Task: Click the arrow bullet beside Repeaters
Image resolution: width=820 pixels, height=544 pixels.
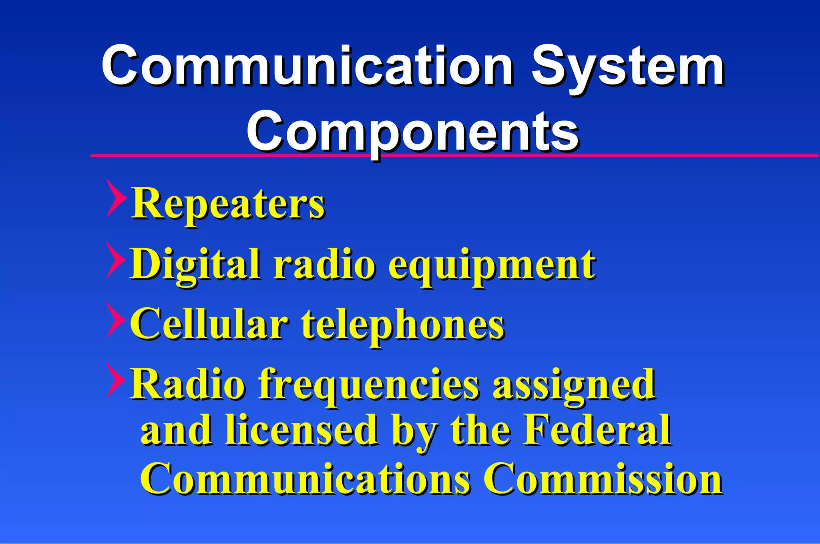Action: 116,198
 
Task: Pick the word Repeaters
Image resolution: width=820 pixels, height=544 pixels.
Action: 228,204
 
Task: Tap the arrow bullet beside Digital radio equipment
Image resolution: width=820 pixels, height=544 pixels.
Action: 116,260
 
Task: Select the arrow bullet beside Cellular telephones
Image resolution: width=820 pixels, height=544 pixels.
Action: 116,320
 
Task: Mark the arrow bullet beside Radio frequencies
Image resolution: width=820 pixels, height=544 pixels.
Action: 116,380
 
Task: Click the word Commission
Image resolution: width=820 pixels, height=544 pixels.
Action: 603,478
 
